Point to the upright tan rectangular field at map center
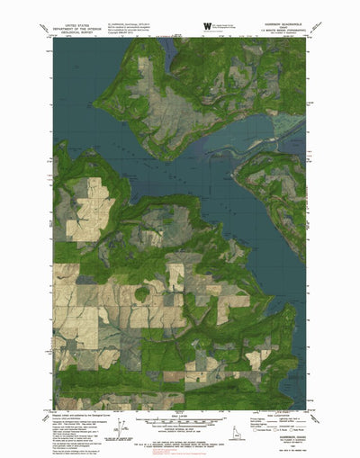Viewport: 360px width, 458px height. [176, 274]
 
